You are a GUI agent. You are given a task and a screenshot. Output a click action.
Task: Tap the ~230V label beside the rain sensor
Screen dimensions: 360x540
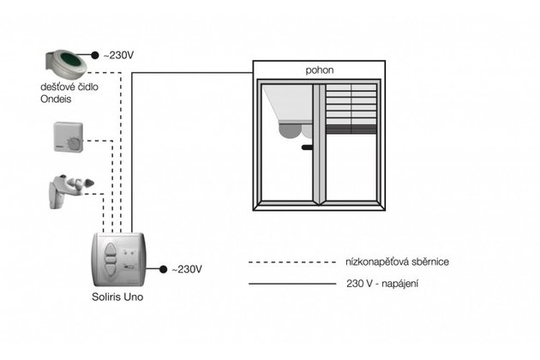point(119,55)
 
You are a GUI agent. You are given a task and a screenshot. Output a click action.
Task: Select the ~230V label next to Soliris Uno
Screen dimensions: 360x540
point(186,269)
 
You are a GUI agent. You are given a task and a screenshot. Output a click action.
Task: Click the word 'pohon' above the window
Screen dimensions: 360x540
point(319,70)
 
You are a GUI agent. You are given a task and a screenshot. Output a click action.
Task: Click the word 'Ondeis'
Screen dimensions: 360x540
point(58,99)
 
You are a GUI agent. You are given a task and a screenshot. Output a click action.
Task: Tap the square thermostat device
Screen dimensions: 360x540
point(69,137)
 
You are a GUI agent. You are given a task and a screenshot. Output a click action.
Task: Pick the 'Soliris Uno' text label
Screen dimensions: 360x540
point(118,297)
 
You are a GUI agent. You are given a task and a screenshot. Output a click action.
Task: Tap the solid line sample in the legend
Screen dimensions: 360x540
point(290,283)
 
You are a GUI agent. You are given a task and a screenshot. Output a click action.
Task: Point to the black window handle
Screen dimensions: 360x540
point(307,148)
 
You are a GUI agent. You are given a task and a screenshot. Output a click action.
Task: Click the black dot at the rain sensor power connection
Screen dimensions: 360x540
point(94,55)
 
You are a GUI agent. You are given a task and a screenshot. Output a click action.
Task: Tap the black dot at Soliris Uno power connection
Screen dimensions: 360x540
point(161,269)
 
